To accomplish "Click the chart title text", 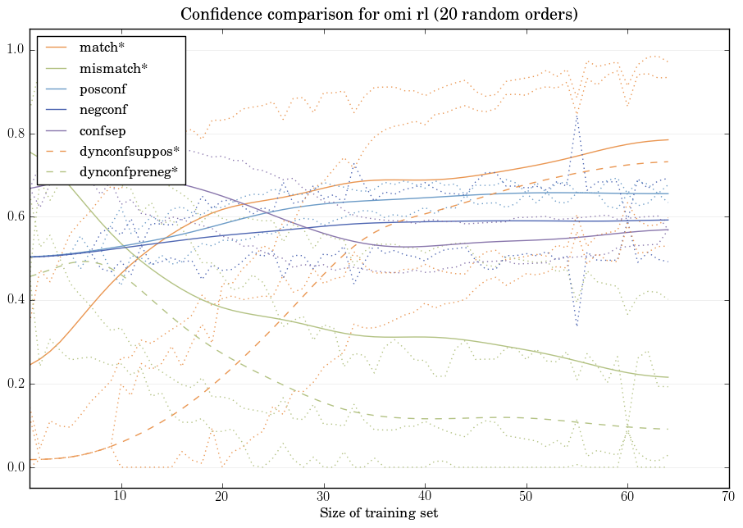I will pos(371,14).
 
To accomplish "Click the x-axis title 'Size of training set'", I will pos(378,513).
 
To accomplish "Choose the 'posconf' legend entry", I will pos(103,89).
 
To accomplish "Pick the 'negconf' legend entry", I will pos(103,109).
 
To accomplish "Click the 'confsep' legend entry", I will pos(102,130).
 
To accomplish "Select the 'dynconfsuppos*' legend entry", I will pos(129,151).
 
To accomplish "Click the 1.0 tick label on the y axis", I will pos(16,50).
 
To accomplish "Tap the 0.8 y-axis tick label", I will pos(16,134).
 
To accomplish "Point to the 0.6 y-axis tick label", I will pos(16,217).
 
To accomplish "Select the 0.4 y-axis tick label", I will pos(16,301).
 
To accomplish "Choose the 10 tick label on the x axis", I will pos(121,496).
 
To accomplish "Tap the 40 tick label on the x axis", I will pos(425,496).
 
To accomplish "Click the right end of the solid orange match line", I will pos(668,140).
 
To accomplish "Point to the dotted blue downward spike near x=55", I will pos(577,325).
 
